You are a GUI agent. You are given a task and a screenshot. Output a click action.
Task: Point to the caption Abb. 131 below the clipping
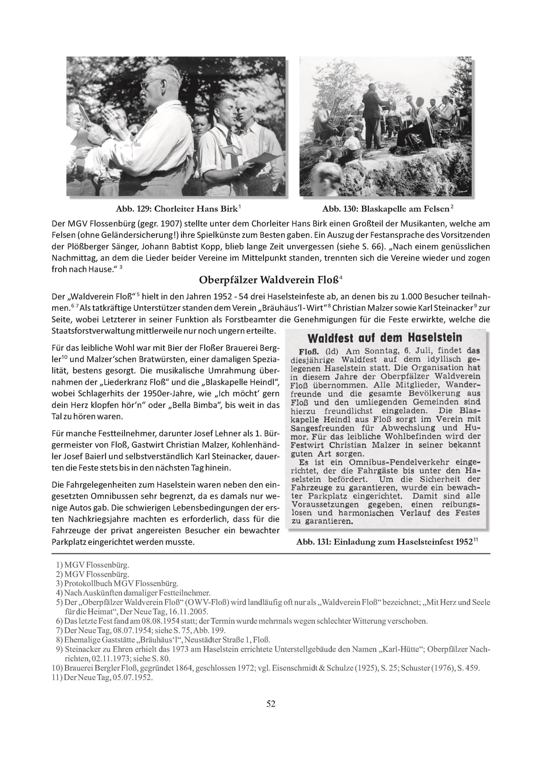(387, 542)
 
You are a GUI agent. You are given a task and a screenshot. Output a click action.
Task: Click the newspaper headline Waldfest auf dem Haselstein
(385, 338)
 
